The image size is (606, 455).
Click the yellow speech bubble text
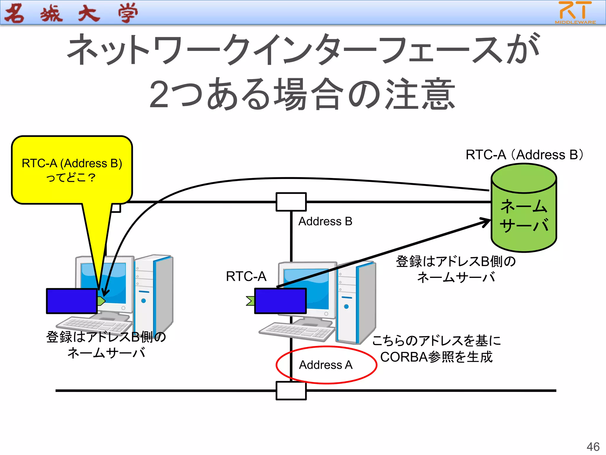(72, 170)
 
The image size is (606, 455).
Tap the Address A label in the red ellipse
(326, 365)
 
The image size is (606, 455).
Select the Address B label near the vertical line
(325, 222)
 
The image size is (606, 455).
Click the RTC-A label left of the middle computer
(246, 276)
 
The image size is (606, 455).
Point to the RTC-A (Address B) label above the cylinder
(524, 155)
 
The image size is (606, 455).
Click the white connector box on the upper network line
(291, 202)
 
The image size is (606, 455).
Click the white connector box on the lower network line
(291, 391)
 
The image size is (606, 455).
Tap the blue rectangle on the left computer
(72, 301)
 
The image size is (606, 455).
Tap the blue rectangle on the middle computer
(280, 301)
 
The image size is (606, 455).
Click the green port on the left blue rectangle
(101, 301)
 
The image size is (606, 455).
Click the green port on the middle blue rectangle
(251, 301)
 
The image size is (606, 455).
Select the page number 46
(593, 447)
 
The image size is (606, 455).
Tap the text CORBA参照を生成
(436, 357)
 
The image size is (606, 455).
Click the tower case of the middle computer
(357, 302)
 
